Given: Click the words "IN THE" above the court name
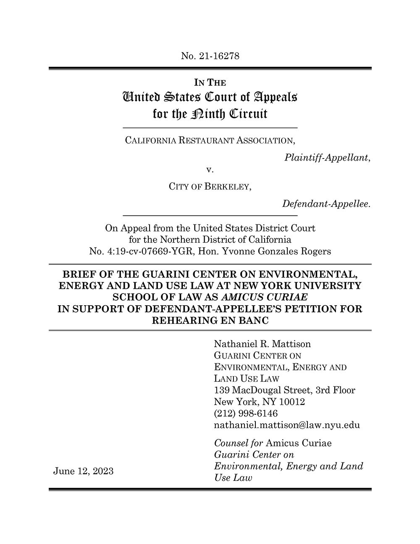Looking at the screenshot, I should [210, 83].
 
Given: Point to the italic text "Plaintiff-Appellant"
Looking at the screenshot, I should [326, 158].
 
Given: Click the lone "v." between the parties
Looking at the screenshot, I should [210, 170].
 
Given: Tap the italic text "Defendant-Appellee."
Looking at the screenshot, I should [326, 204].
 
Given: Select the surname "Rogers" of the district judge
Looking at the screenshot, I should [316, 251].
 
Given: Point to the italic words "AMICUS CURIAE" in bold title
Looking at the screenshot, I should [267, 297].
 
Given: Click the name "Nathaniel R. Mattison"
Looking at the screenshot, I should [262, 344].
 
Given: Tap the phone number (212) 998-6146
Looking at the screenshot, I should [246, 413].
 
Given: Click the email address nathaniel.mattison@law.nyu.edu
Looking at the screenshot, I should [287, 425].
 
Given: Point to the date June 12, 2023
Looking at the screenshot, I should [83, 471].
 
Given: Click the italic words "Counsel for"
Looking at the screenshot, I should [239, 443].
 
